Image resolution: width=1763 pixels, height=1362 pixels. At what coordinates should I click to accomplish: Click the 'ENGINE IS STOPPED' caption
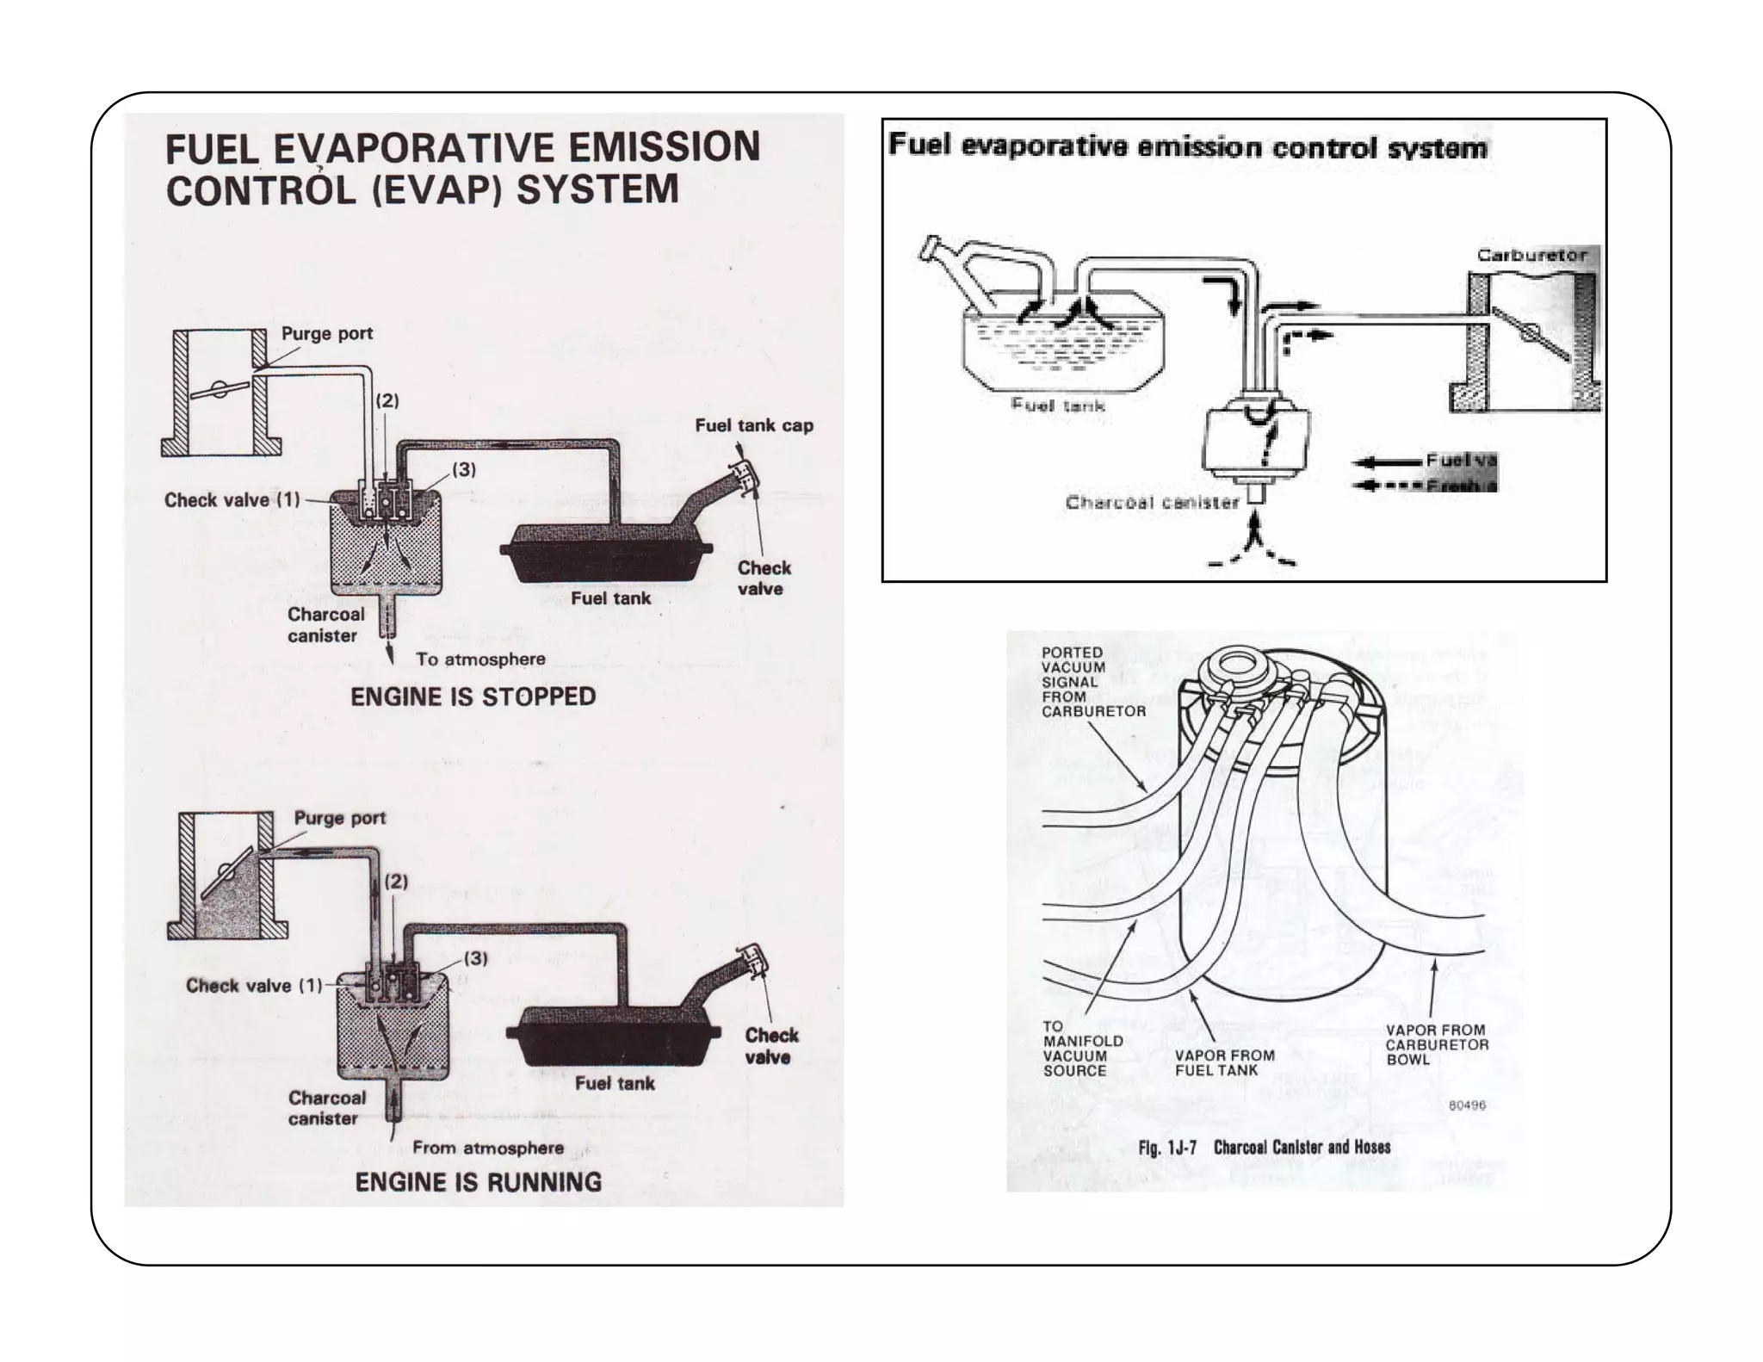(473, 696)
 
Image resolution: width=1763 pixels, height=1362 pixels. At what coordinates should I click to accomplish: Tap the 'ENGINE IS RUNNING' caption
(478, 1182)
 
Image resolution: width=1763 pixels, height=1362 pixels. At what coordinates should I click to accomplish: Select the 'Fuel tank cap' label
(753, 425)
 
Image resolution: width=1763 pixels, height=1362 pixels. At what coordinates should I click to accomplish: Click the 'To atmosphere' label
(480, 659)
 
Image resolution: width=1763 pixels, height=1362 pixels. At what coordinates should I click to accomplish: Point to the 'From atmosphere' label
(487, 1148)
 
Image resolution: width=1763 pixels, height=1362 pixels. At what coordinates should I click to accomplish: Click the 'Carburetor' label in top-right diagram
(1531, 256)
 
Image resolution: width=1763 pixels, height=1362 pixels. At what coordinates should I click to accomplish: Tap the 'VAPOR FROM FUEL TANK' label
(1224, 1062)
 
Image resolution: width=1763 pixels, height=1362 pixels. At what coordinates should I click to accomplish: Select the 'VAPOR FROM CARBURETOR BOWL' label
(1437, 1044)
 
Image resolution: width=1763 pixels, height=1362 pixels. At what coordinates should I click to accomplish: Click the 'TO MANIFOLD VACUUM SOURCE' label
(1082, 1049)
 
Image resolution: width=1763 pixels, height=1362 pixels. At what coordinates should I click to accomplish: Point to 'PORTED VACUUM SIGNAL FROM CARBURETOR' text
(1092, 682)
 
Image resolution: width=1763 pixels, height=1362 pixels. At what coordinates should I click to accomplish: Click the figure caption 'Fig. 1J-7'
(1166, 1148)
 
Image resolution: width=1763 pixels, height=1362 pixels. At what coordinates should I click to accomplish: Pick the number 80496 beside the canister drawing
(1467, 1105)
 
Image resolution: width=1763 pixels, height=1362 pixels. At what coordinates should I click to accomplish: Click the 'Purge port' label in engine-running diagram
(339, 818)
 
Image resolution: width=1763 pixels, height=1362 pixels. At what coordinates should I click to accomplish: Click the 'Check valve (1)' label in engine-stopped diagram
(232, 500)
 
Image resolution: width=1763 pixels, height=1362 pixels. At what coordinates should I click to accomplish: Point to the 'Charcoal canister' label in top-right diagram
(1152, 503)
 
